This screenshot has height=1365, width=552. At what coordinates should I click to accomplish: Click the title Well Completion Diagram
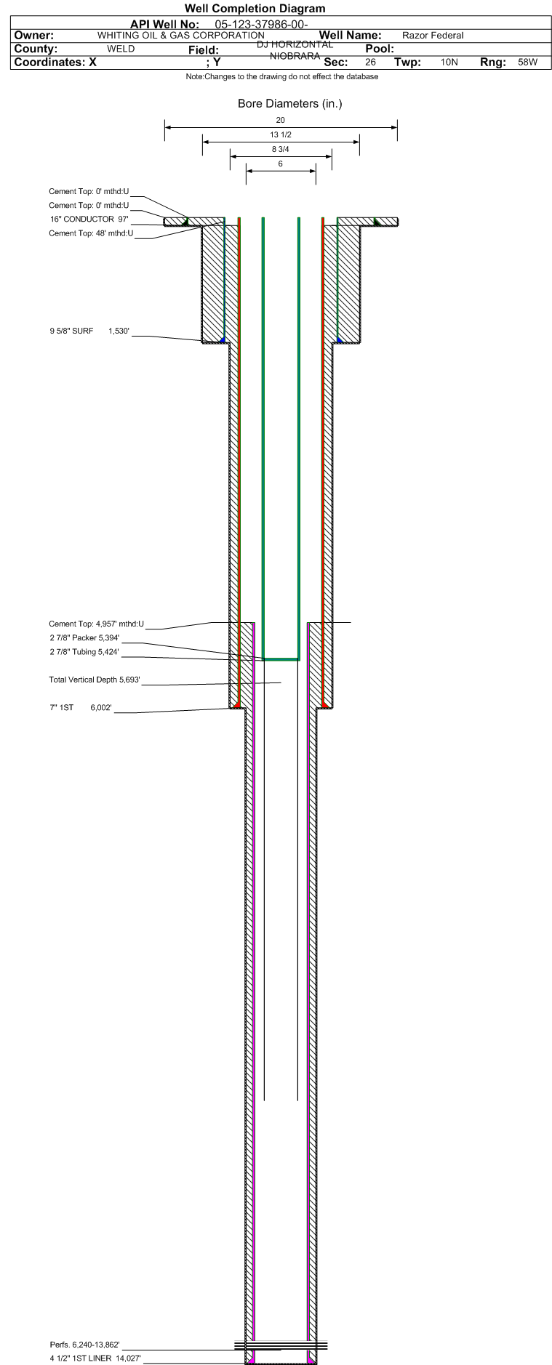click(x=255, y=9)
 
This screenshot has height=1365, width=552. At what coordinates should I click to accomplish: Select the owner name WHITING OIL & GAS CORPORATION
click(x=181, y=36)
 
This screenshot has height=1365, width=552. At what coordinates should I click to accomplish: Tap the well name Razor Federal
click(x=433, y=36)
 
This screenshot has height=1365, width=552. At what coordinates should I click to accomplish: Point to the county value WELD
click(x=121, y=49)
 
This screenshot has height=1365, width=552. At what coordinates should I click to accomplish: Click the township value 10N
click(x=449, y=63)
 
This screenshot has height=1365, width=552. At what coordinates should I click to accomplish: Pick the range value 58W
click(x=527, y=63)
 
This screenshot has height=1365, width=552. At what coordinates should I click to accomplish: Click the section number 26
click(x=370, y=63)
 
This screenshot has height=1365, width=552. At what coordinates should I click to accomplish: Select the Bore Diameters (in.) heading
click(x=289, y=103)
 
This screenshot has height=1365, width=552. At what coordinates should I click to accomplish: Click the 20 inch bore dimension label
click(x=281, y=120)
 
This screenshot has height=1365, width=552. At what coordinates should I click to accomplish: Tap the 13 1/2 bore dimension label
click(x=281, y=134)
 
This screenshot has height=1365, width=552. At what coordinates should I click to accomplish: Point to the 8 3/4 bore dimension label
click(x=281, y=149)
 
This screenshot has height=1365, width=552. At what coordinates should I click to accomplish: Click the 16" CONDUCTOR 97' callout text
click(x=89, y=219)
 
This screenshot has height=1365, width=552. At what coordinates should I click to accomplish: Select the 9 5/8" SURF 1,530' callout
click(x=89, y=331)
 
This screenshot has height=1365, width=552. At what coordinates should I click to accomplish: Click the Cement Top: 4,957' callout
click(x=97, y=624)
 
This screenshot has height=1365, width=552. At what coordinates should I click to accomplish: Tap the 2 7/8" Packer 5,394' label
click(x=84, y=638)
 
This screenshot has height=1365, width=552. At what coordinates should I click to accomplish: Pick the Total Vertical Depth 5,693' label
click(x=95, y=680)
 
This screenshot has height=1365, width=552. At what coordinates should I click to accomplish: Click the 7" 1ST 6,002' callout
click(x=81, y=707)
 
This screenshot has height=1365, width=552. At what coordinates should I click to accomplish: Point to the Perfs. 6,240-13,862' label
click(x=84, y=1345)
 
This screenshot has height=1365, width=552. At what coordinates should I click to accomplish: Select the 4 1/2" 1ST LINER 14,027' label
click(x=95, y=1358)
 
